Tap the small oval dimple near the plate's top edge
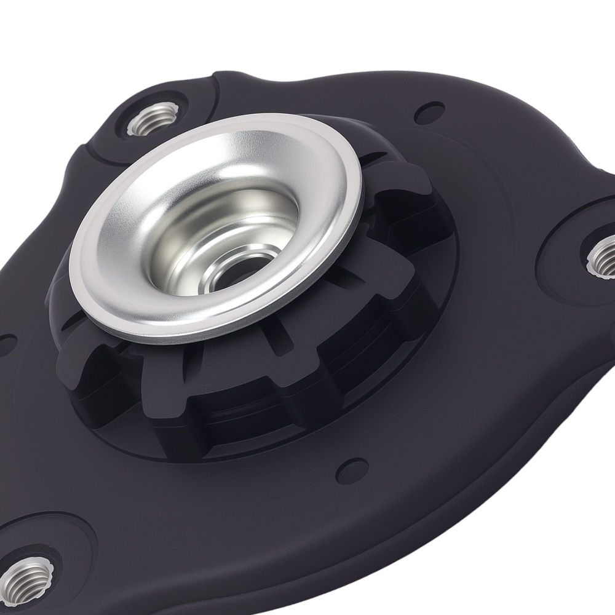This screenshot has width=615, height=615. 423,113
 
